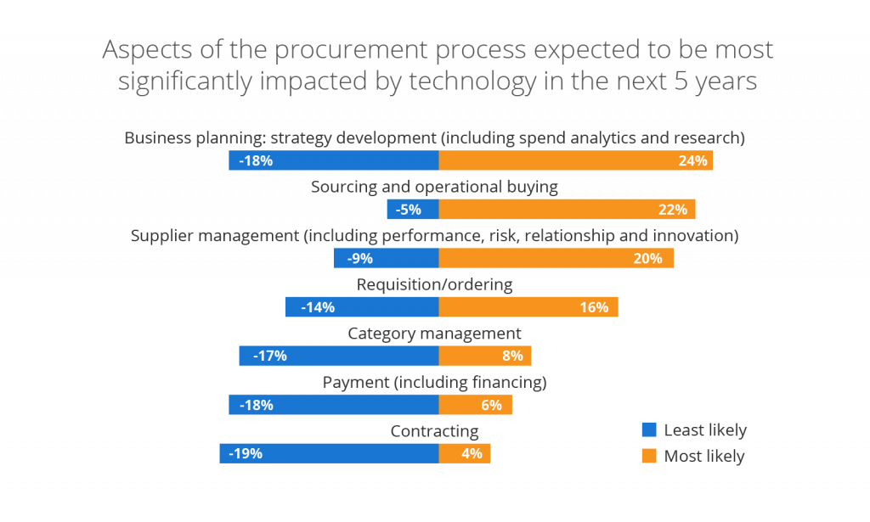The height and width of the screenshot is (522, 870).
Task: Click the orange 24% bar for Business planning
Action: click(x=575, y=160)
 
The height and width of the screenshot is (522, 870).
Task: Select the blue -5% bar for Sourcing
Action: click(x=412, y=210)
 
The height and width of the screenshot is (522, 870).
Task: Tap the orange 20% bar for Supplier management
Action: click(x=556, y=259)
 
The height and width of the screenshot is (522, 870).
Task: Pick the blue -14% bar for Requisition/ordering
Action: click(x=361, y=307)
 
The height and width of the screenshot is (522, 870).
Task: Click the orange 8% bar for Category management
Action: click(x=484, y=356)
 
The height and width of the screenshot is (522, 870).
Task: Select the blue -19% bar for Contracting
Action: click(x=328, y=453)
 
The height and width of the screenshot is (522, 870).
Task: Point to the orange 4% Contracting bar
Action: click(x=464, y=453)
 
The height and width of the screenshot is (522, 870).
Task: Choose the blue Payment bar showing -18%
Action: click(x=333, y=405)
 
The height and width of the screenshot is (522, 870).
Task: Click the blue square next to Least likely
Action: click(x=649, y=430)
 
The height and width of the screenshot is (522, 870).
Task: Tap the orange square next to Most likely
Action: click(x=649, y=457)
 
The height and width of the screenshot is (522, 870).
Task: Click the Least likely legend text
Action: click(x=705, y=430)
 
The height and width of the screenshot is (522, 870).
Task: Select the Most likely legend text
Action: click(x=704, y=457)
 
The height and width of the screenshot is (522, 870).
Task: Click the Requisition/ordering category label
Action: click(x=434, y=284)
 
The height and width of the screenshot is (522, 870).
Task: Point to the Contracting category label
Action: click(x=434, y=431)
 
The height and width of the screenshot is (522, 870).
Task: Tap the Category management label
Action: click(x=434, y=334)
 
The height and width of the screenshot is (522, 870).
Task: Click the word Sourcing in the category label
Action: click(x=342, y=187)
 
